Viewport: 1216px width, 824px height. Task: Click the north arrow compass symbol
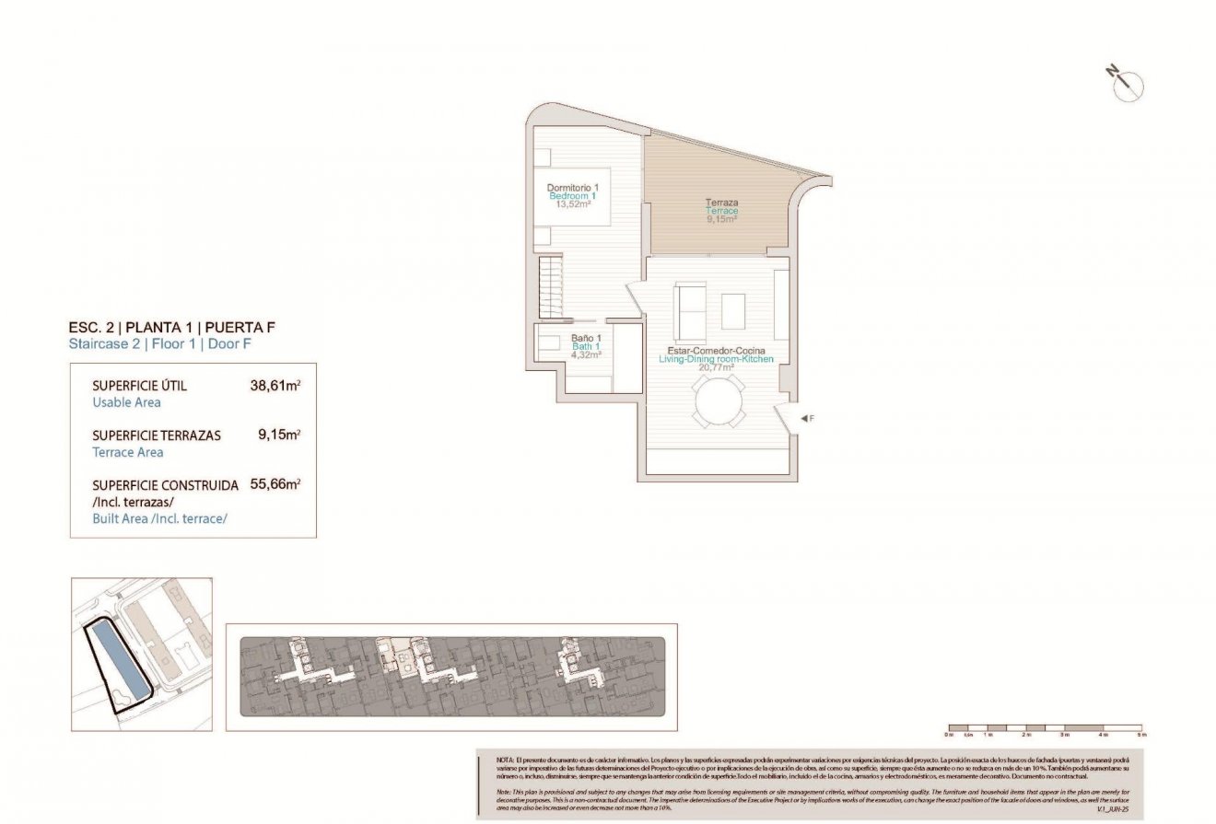click(x=1127, y=84)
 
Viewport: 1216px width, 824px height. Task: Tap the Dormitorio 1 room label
click(x=572, y=188)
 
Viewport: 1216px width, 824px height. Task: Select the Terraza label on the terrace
click(x=721, y=203)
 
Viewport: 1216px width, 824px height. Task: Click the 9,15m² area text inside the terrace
click(x=721, y=219)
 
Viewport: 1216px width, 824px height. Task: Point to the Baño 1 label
click(x=586, y=338)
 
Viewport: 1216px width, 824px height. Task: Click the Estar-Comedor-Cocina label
click(x=716, y=351)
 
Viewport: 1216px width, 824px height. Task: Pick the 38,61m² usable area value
click(x=275, y=387)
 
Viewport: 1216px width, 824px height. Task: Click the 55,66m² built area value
click(x=275, y=485)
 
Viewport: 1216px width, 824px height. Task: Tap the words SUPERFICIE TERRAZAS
click(x=157, y=435)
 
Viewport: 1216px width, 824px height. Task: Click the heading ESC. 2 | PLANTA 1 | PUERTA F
click(x=172, y=327)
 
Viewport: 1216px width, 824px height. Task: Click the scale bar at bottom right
click(x=1045, y=727)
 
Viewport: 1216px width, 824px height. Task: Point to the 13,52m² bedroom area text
click(x=572, y=204)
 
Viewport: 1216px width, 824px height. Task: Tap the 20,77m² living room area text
click(x=716, y=367)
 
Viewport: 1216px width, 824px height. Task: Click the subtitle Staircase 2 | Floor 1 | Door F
click(x=159, y=344)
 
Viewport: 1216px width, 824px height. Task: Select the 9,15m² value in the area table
click(x=279, y=435)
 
